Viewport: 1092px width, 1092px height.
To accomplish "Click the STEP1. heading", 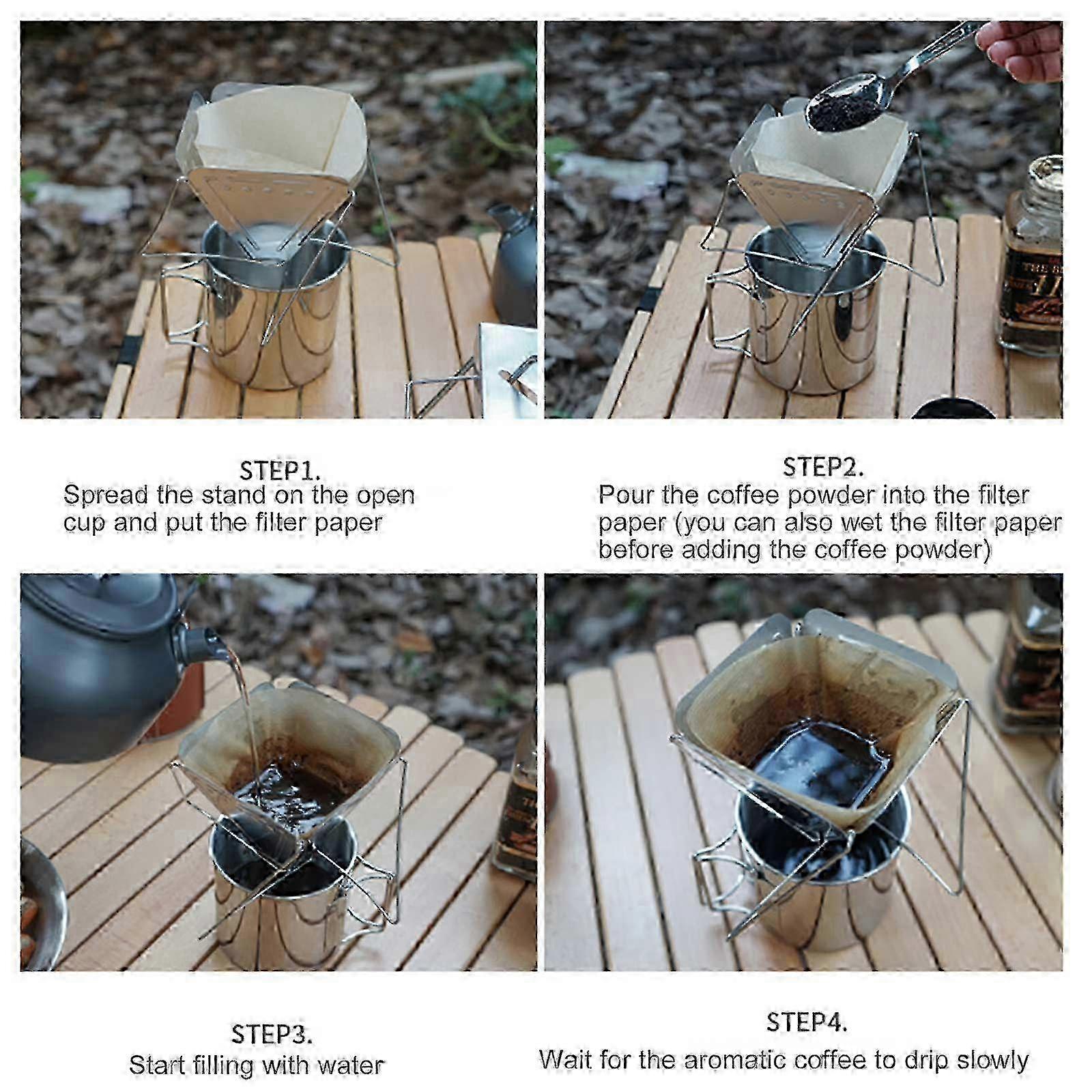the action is pos(280,471).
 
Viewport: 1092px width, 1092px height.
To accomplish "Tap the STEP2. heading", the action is pos(823,468).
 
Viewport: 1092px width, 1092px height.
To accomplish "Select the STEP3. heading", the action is pos(272,1034).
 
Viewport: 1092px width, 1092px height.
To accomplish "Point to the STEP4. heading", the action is pos(807,1022).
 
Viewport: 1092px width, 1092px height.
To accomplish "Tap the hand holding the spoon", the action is pos(1020,50).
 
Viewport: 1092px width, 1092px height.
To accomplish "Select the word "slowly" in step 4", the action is pos(992,1061).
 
